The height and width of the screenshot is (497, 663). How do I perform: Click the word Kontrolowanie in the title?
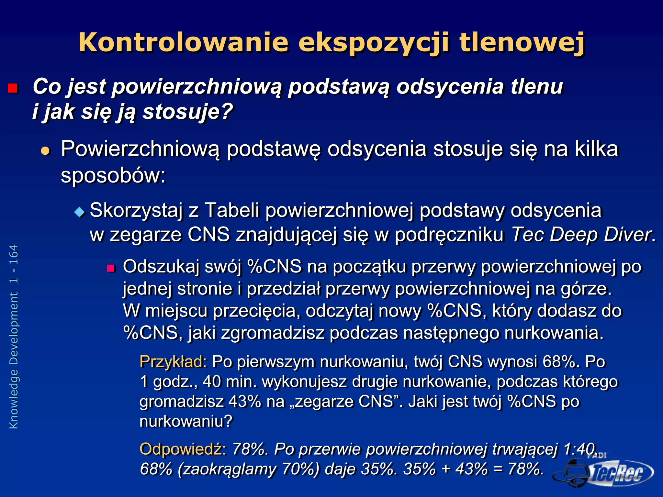183,42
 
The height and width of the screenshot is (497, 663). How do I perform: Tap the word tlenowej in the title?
522,42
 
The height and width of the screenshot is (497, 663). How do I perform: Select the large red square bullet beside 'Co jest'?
13,88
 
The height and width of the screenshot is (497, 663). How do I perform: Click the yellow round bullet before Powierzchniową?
46,151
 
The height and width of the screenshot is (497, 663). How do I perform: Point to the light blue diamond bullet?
79,212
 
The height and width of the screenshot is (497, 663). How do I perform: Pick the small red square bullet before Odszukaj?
111,268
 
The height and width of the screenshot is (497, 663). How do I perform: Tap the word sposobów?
113,176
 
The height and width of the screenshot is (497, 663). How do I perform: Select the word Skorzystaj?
136,210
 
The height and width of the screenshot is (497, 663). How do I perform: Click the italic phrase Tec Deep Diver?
581,234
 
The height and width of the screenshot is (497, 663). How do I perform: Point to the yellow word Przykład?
173,361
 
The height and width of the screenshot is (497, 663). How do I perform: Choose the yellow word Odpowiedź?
183,449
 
